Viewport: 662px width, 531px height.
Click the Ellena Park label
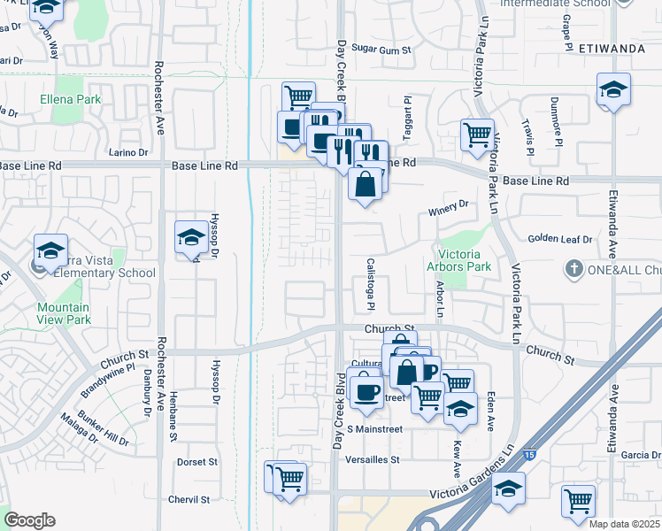(x=70, y=100)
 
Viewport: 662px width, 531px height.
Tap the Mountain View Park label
(x=64, y=313)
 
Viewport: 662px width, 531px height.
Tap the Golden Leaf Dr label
(x=560, y=239)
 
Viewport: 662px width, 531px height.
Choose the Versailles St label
(x=373, y=460)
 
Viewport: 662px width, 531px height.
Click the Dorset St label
(x=197, y=462)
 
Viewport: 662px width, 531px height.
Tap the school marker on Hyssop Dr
(x=191, y=237)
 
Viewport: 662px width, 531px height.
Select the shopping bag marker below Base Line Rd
(x=366, y=185)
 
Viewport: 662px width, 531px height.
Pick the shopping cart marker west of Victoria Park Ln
(x=477, y=135)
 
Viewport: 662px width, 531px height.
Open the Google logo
(x=29, y=520)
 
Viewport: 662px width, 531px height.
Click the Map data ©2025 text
(x=623, y=524)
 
